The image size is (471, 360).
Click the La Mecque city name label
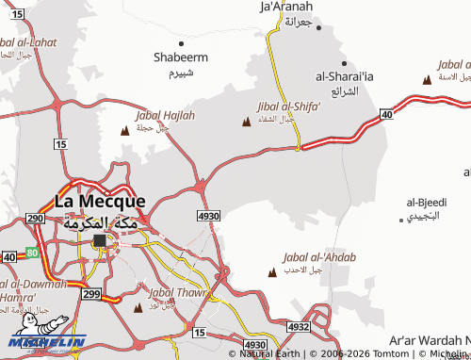click(100, 201)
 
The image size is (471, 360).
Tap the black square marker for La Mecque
click(100, 241)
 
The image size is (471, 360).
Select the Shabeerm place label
click(181, 57)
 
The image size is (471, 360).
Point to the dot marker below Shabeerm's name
click(181, 43)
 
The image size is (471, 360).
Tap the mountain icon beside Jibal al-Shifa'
click(248, 122)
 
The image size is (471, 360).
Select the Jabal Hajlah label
click(166, 115)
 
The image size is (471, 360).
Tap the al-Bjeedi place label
click(426, 203)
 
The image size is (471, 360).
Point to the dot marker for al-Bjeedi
click(402, 219)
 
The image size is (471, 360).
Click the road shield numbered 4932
click(299, 326)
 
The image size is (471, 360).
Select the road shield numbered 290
click(37, 219)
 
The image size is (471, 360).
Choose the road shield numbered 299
click(91, 294)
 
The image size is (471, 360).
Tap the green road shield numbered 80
click(31, 253)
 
